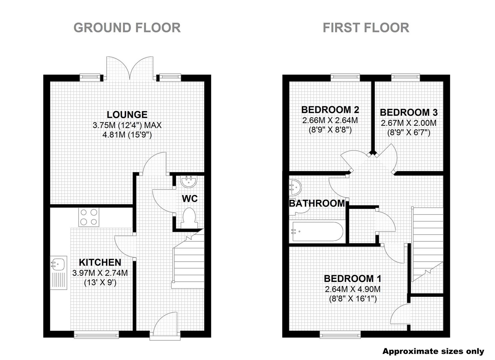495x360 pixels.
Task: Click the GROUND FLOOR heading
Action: (x=127, y=28)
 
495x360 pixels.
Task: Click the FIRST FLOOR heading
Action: (x=366, y=28)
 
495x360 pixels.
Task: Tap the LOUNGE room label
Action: (x=127, y=114)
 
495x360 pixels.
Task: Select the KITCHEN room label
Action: (x=100, y=262)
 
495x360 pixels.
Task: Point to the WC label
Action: (x=190, y=199)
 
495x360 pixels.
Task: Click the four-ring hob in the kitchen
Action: (x=89, y=217)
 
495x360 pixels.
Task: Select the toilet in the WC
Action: (x=189, y=218)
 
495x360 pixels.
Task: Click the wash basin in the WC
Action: (x=188, y=182)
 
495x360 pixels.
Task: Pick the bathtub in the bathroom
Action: (x=318, y=231)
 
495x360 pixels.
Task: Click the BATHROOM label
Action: (x=317, y=203)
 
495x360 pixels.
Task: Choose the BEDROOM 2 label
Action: (x=330, y=110)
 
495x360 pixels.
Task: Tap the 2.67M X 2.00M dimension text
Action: (x=409, y=123)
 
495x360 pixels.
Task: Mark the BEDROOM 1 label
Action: (x=353, y=279)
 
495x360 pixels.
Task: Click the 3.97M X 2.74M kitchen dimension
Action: (x=100, y=273)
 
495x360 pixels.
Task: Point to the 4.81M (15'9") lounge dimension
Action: (x=127, y=135)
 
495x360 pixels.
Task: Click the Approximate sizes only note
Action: (x=433, y=351)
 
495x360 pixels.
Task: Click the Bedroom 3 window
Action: (x=406, y=77)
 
